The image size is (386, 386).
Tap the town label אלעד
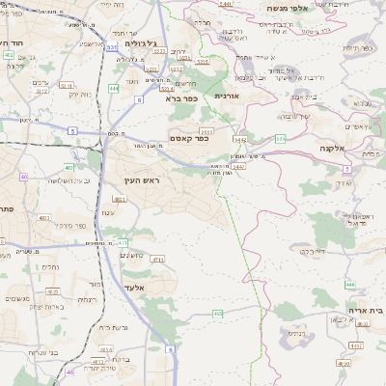tap(133, 288)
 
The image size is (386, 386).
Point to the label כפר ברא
tap(180, 98)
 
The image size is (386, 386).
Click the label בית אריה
tap(364, 311)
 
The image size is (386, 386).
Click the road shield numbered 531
tap(112, 46)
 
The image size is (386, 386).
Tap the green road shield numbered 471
tap(123, 242)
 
